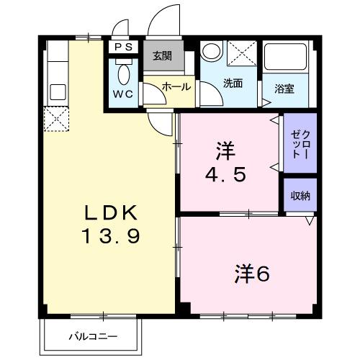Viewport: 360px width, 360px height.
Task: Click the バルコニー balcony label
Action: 94,336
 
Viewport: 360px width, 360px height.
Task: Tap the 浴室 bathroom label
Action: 284,90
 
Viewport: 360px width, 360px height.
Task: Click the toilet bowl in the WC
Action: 123,73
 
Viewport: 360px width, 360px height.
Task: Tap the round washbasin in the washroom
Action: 211,51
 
